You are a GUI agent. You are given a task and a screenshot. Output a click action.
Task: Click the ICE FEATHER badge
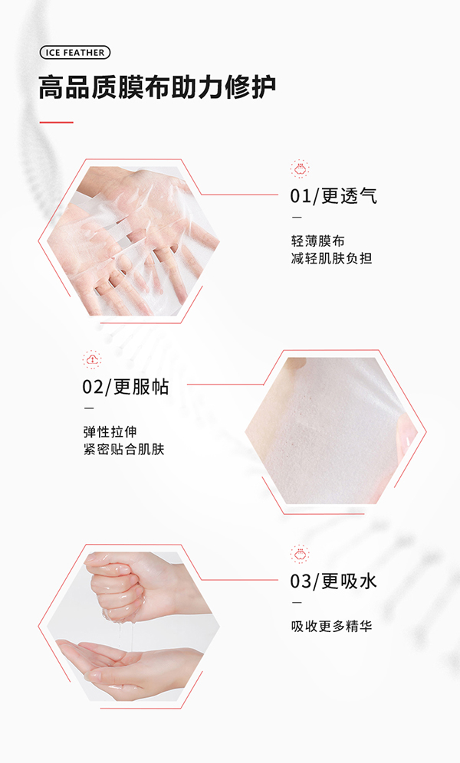(x=74, y=52)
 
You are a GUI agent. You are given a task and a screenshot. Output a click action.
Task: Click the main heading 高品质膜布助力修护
(x=157, y=87)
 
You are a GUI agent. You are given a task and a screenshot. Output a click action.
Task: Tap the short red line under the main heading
(x=56, y=122)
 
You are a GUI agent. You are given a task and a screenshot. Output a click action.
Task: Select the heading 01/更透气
(x=333, y=195)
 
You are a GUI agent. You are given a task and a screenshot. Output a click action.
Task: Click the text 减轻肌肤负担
(x=331, y=259)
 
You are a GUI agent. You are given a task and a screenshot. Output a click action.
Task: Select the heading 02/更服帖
(x=126, y=386)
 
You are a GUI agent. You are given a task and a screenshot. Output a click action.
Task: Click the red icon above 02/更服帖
(x=92, y=359)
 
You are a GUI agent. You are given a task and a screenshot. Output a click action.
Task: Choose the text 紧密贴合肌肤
(x=123, y=450)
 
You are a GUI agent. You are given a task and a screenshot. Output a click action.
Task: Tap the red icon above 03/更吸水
(x=300, y=553)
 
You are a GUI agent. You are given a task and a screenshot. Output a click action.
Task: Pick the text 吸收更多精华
(x=331, y=627)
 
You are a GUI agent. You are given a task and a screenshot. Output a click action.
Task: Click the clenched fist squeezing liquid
(x=123, y=586)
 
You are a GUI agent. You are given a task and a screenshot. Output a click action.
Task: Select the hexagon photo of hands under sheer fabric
(x=130, y=241)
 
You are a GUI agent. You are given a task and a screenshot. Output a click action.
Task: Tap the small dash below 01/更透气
(x=295, y=218)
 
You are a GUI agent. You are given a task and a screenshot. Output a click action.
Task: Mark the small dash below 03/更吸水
(x=295, y=603)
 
